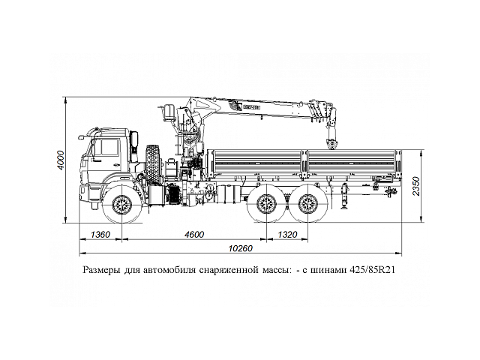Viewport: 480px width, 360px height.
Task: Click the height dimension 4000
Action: pyautogui.click(x=61, y=160)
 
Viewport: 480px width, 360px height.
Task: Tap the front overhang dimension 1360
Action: pyautogui.click(x=99, y=235)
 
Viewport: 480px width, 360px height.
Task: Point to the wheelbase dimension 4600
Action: pyautogui.click(x=193, y=235)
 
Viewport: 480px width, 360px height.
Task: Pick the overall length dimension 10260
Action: pyautogui.click(x=239, y=248)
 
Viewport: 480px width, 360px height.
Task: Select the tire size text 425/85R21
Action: pyautogui.click(x=371, y=269)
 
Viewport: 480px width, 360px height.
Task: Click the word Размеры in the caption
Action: pyautogui.click(x=100, y=269)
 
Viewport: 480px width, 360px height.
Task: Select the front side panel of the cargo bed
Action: pyautogui.click(x=256, y=163)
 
